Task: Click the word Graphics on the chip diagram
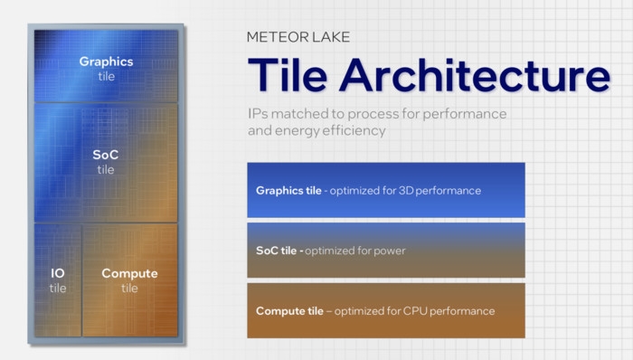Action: pyautogui.click(x=106, y=62)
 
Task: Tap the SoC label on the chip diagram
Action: pyautogui.click(x=106, y=155)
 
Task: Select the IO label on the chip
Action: pyautogui.click(x=57, y=273)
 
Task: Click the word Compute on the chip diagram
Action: pyautogui.click(x=129, y=273)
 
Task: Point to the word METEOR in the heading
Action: pyautogui.click(x=272, y=37)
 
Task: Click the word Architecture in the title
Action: pyautogui.click(x=476, y=74)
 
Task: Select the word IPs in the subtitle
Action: pyautogui.click(x=257, y=115)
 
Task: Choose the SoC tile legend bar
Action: pyautogui.click(x=385, y=251)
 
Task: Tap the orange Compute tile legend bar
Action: pyautogui.click(x=385, y=310)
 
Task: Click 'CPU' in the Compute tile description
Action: pyautogui.click(x=411, y=311)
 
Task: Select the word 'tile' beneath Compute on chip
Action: pyautogui.click(x=129, y=289)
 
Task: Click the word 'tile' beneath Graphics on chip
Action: pyautogui.click(x=106, y=76)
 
